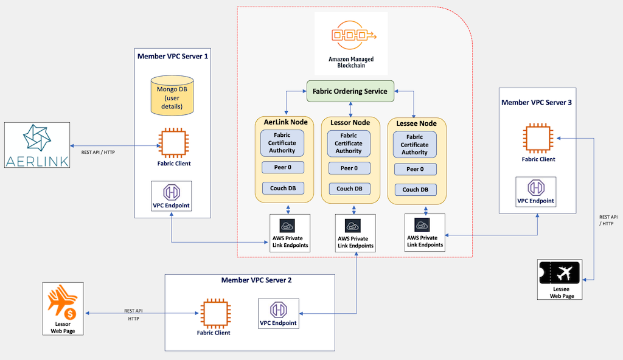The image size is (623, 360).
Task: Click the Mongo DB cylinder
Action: coord(172,96)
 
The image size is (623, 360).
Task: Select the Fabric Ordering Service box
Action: coord(350,91)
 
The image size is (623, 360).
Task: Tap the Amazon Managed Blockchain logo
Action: coord(351,36)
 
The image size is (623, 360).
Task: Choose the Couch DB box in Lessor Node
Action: coord(349,189)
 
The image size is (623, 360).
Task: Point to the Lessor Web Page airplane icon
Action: coord(61,302)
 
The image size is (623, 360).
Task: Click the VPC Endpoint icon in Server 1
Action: coord(172,192)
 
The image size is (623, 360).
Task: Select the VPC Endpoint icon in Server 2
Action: coord(279,310)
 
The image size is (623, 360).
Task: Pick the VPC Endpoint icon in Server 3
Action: coord(536,187)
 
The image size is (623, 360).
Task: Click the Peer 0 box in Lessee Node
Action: coord(414,169)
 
